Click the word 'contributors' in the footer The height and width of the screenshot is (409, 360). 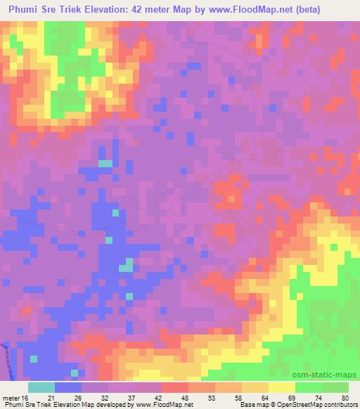(340, 405)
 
